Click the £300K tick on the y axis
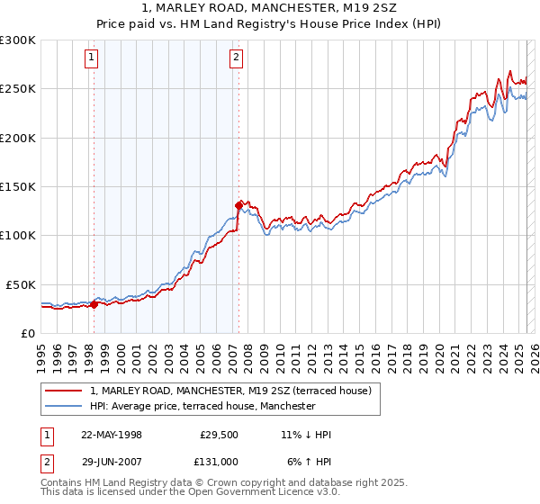coord(18,40)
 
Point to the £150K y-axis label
coord(18,187)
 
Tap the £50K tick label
coord(21,284)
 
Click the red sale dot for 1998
coord(94,304)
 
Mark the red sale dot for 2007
coord(239,205)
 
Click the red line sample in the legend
coord(65,391)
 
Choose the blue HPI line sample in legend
coord(65,406)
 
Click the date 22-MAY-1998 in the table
coord(112,435)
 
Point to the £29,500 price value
coord(217,435)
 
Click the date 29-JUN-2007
coord(112,461)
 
